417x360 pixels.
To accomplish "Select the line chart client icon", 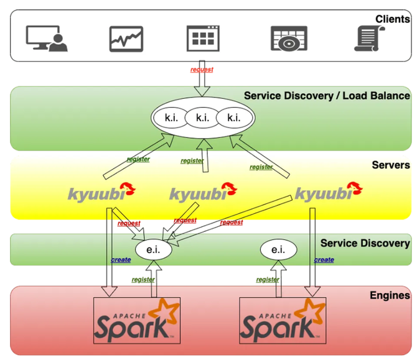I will click(x=126, y=38).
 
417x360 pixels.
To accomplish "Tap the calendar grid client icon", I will click(x=203, y=38).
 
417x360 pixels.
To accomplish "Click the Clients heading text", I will click(x=392, y=19).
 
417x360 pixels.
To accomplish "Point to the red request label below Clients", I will click(x=202, y=70).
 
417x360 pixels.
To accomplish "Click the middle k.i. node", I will click(x=202, y=117).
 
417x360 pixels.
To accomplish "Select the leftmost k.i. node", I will click(x=171, y=117).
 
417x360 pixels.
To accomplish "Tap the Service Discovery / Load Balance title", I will click(x=327, y=96).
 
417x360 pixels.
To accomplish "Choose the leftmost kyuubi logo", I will click(x=101, y=193).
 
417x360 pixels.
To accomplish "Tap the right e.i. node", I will click(x=278, y=249).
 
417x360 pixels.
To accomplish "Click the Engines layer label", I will click(x=393, y=296).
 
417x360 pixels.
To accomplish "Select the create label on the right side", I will click(x=324, y=260).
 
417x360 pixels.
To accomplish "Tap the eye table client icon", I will click(x=289, y=38).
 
